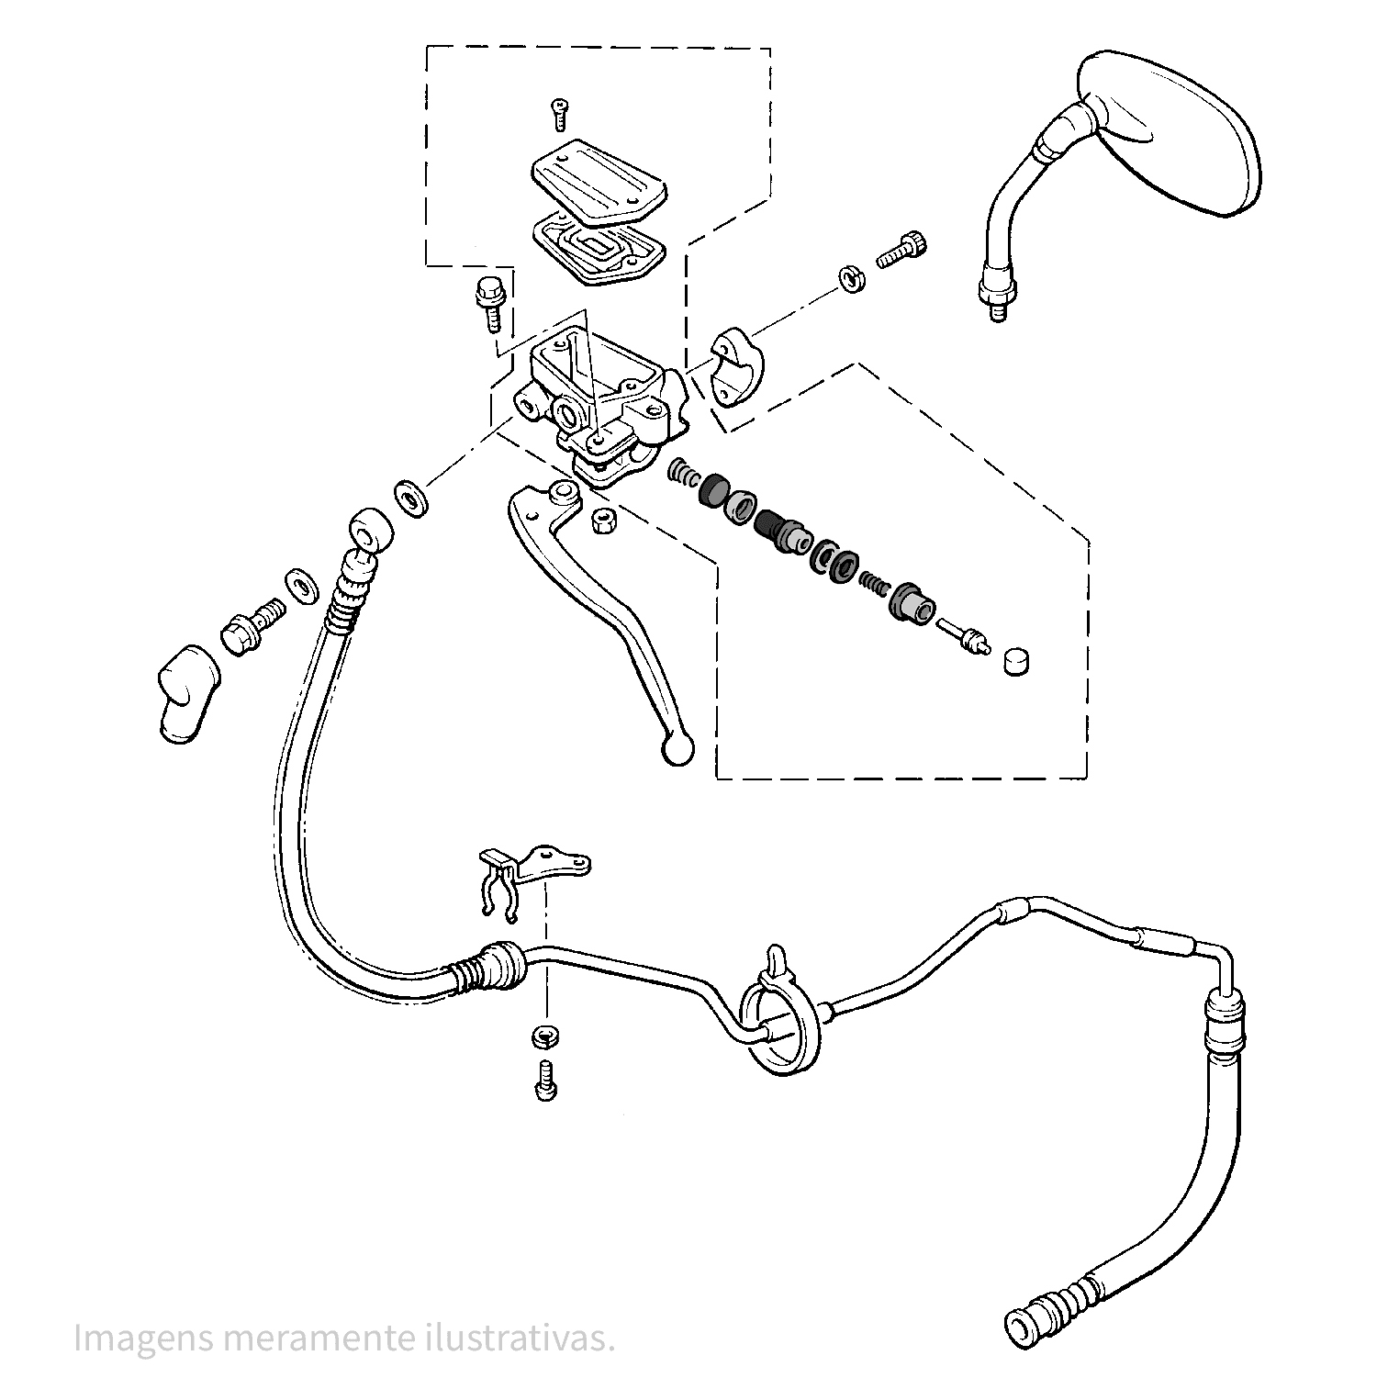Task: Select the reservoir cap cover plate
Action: point(599,180)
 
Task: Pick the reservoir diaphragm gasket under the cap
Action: point(597,247)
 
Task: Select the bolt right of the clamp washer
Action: point(903,251)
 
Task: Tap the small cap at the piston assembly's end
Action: point(1015,662)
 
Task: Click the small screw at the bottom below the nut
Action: point(545,1080)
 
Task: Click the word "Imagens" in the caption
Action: point(142,1339)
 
